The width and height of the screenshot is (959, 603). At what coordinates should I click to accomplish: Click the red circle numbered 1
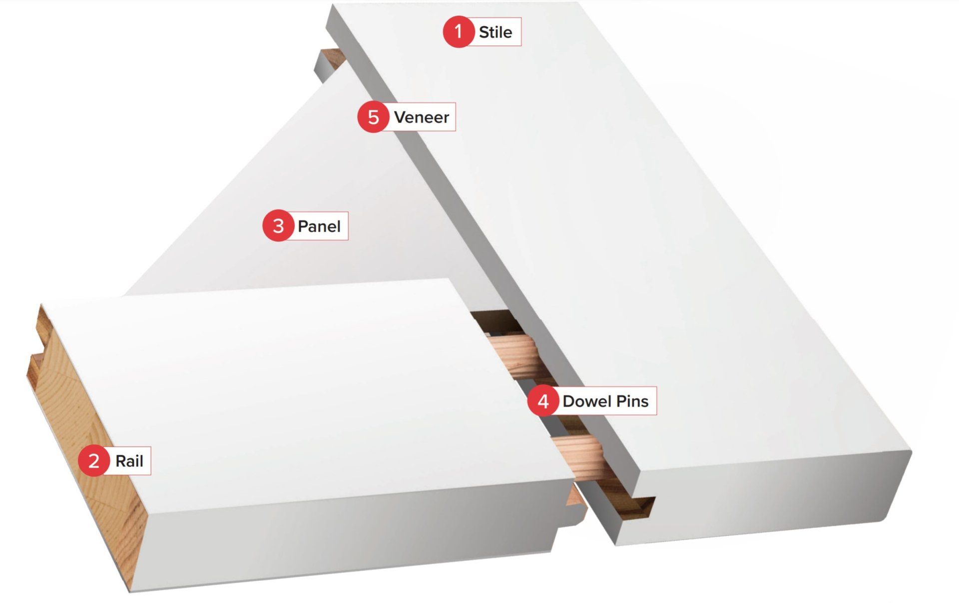coord(459,32)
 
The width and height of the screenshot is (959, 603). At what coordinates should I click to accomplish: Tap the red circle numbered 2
coord(94,461)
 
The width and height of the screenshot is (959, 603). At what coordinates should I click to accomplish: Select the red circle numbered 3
coord(278,226)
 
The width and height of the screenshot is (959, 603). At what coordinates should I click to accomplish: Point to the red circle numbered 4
coord(543,401)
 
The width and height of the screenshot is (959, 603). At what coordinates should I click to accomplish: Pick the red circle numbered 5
coord(373,117)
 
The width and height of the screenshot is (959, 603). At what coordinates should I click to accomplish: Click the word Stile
coord(495,32)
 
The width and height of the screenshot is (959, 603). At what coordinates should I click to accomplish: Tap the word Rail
coord(129,461)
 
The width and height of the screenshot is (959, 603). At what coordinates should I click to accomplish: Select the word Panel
coord(319,226)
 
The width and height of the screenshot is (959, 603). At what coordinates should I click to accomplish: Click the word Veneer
coord(422,117)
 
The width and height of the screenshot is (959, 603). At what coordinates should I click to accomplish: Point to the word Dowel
coord(587,401)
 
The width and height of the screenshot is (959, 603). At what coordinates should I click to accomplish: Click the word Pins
coord(632,401)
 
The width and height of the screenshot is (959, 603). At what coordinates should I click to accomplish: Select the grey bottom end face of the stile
coord(759,500)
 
